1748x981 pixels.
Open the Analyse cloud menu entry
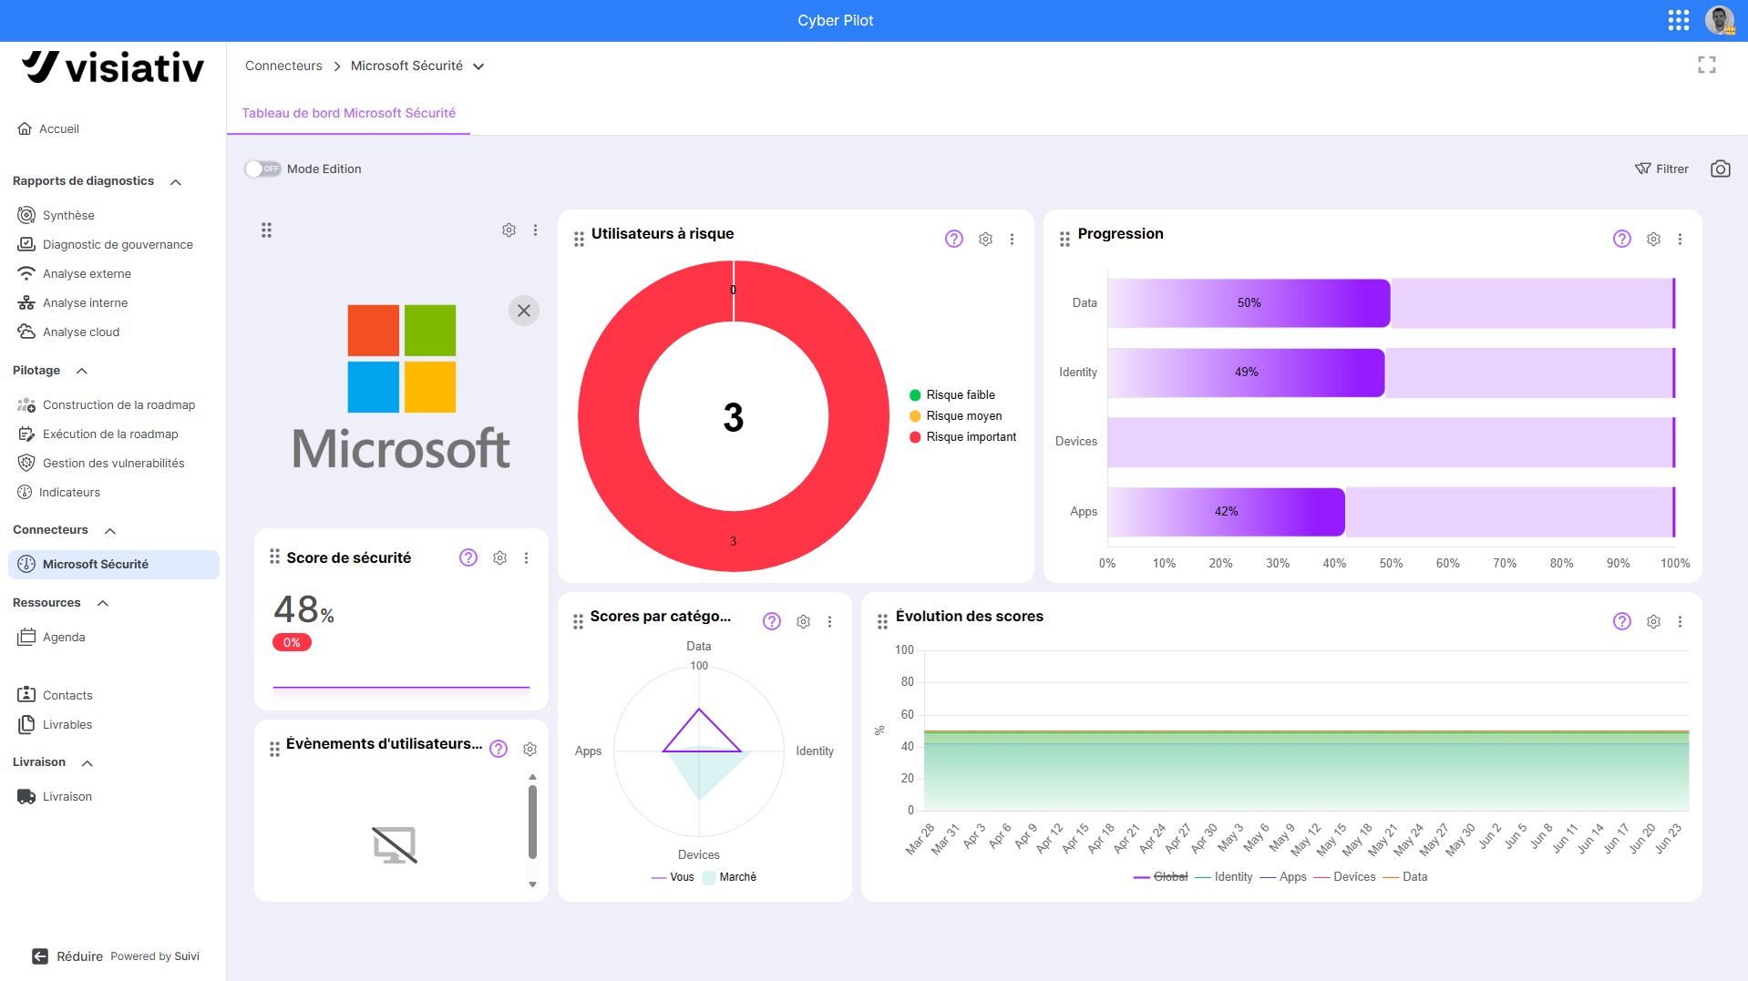(x=80, y=332)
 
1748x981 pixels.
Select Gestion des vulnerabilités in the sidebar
(x=113, y=463)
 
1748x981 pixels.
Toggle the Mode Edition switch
(x=262, y=169)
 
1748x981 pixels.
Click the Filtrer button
(x=1661, y=169)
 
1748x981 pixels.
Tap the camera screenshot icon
(x=1721, y=169)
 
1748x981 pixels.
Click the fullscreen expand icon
(x=1707, y=65)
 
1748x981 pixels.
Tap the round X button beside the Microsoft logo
(x=524, y=311)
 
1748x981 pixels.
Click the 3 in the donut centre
(x=734, y=417)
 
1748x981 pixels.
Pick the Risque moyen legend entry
(x=956, y=415)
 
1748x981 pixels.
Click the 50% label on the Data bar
(x=1249, y=302)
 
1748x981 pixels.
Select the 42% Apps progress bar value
(x=1226, y=511)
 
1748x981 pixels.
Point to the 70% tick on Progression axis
(x=1505, y=563)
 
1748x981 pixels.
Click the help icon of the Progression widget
(x=1622, y=239)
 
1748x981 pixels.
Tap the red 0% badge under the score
(x=292, y=642)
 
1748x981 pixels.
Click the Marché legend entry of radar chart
(x=729, y=877)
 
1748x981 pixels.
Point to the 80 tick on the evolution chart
(x=907, y=681)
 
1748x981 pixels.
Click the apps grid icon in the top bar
(x=1679, y=20)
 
